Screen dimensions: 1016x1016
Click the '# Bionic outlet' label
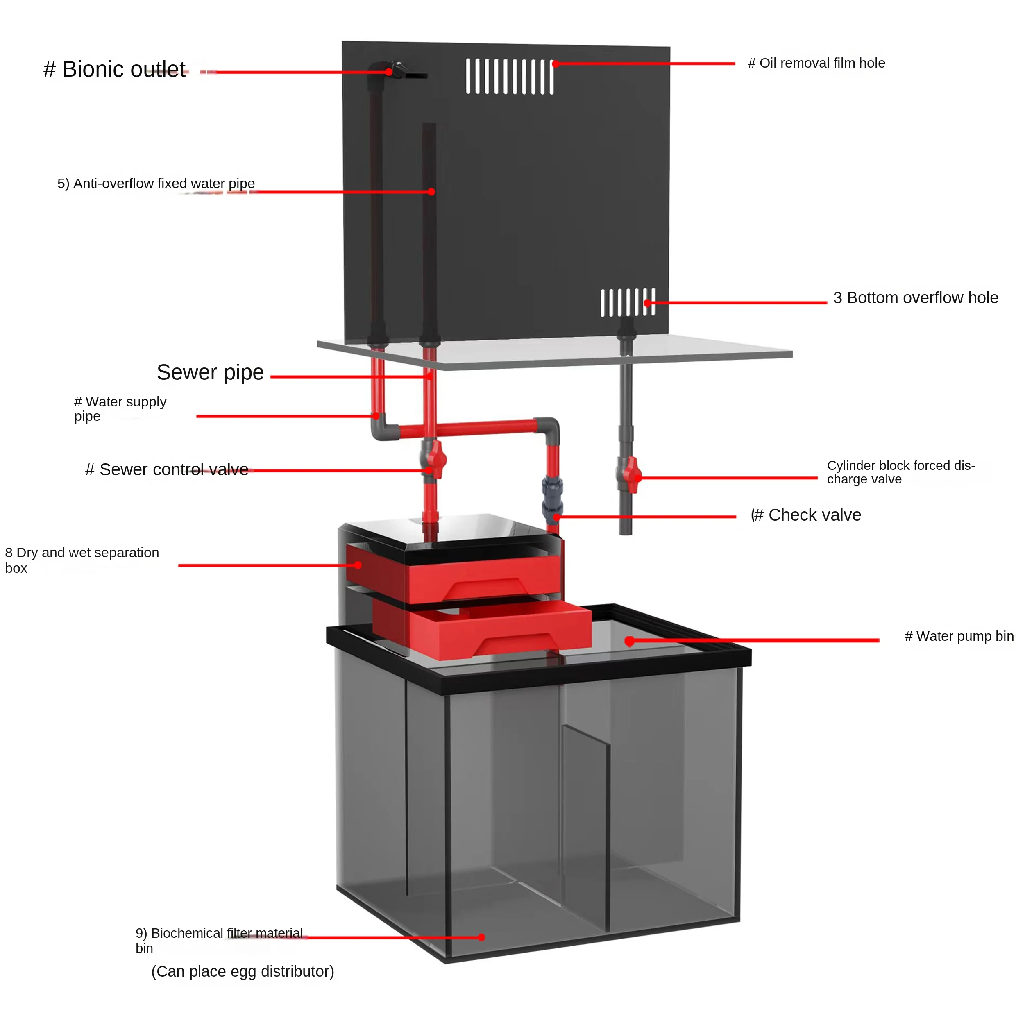(114, 69)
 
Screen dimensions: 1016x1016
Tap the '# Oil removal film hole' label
(816, 63)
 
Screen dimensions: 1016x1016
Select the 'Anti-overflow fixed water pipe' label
(156, 184)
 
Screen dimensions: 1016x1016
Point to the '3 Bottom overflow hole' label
(915, 298)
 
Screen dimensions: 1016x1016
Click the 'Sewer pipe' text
(210, 372)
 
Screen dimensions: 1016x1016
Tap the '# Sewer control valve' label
(167, 469)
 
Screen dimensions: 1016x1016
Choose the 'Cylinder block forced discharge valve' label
(900, 472)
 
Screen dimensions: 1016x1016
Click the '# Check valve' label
(807, 515)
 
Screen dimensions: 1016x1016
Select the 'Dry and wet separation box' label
(82, 560)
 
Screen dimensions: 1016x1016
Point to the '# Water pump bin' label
(959, 636)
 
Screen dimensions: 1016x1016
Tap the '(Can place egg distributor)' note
(243, 971)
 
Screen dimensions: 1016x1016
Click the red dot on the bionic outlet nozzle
(389, 72)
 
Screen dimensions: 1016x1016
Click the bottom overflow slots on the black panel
(628, 302)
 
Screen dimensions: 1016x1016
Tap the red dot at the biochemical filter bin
(481, 937)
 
